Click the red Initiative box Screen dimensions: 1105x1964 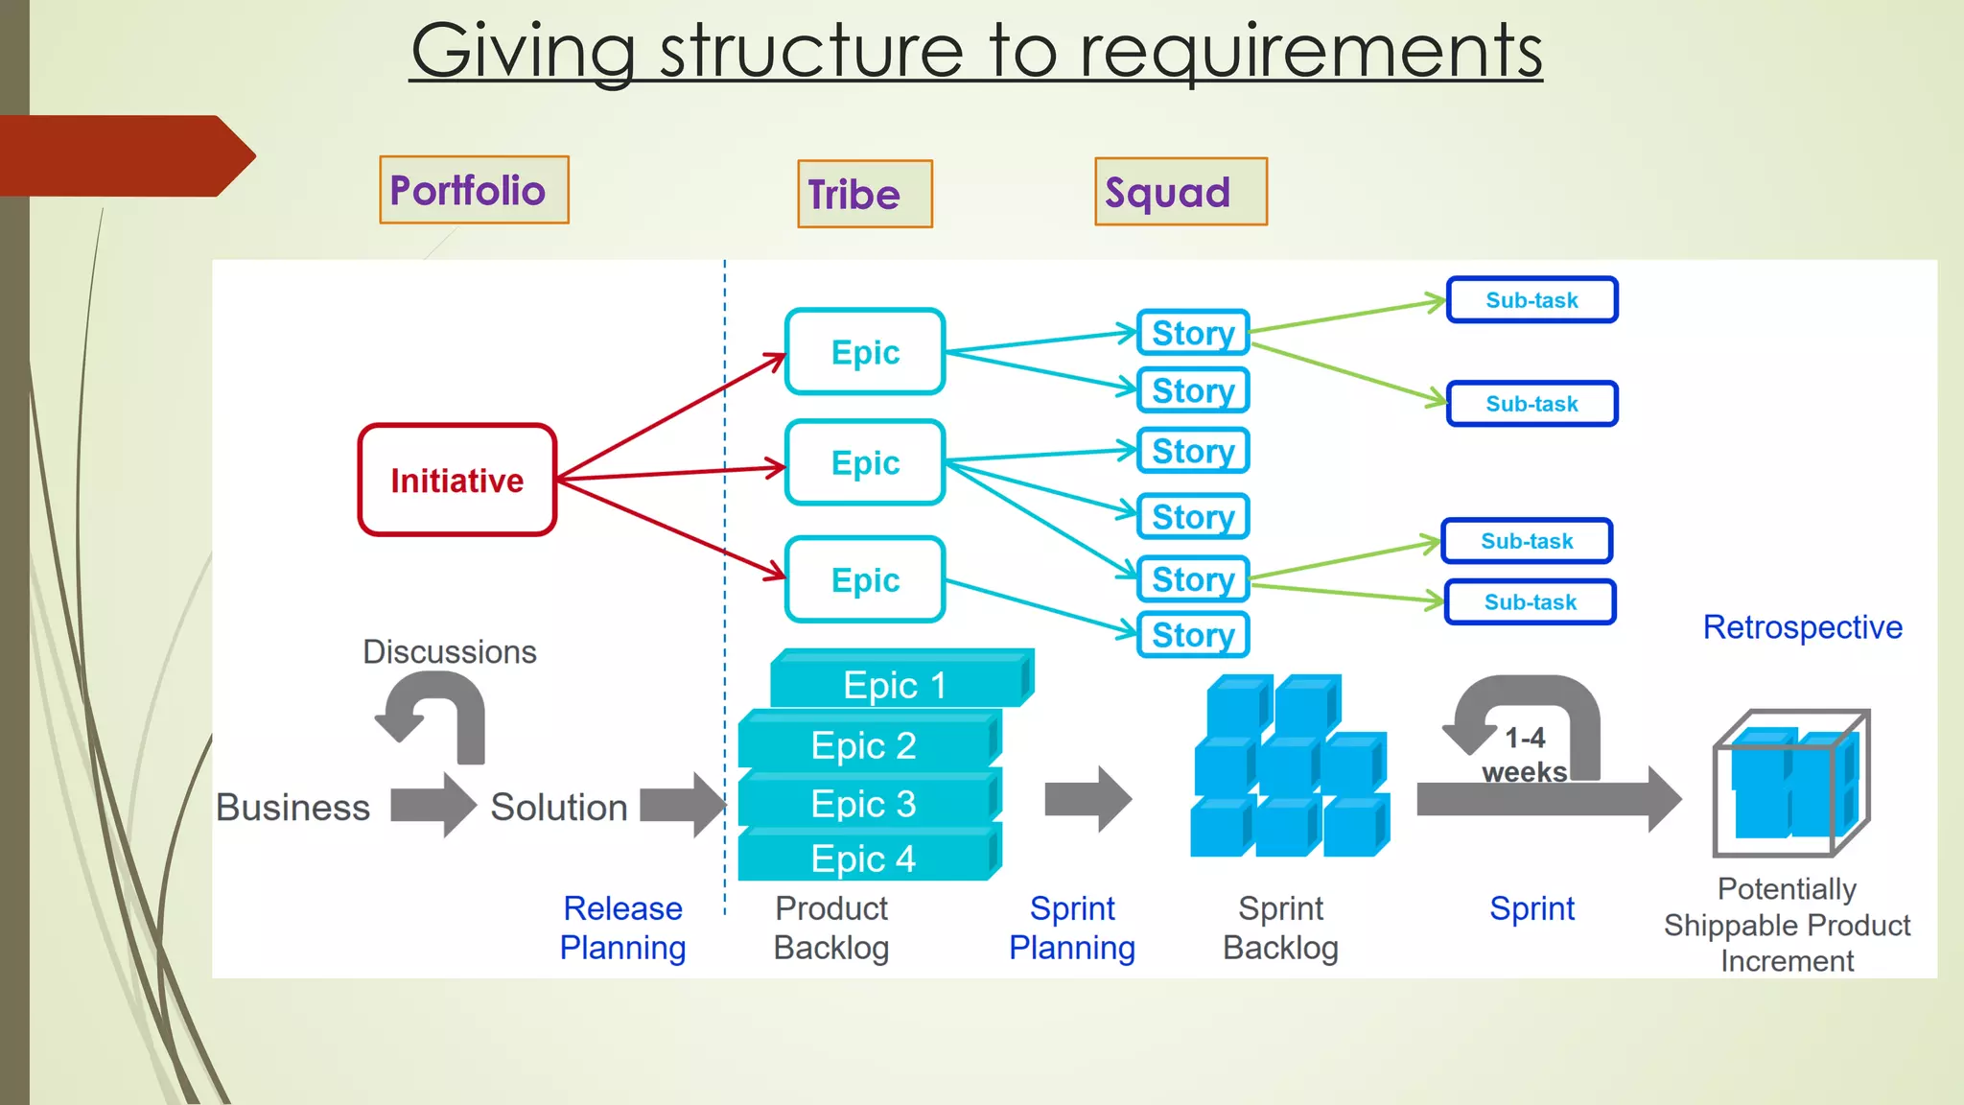457,480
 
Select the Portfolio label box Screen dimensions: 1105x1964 474,190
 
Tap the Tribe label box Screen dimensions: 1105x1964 864,194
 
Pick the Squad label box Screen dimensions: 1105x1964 1181,192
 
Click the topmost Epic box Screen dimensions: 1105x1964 865,352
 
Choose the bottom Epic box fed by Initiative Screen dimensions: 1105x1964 865,579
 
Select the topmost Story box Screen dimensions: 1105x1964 1193,333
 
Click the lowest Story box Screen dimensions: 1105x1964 1193,635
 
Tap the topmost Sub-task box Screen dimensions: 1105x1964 1531,300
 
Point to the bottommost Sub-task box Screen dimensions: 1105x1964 1530,602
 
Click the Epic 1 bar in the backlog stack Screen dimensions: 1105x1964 896,685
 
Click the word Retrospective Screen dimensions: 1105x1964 1802,627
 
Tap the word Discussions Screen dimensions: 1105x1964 449,652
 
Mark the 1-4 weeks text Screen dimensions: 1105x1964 1524,755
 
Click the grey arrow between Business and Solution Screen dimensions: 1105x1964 433,805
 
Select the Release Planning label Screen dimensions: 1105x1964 622,928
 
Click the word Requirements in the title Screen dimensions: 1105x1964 1310,52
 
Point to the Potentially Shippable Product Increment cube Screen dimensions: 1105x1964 1790,784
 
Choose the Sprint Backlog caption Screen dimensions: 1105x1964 1280,928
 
